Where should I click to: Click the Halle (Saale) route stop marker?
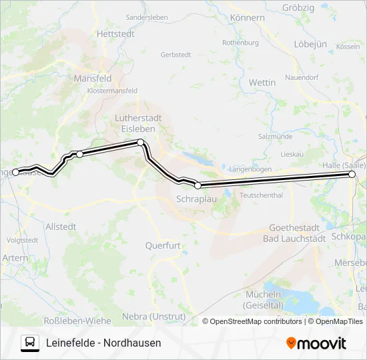tap(352, 174)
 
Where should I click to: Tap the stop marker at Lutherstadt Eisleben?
tap(140, 142)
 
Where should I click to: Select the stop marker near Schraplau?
tap(198, 185)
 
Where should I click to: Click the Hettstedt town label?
tap(115, 33)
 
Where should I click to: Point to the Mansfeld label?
tap(93, 78)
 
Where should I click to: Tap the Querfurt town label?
tap(163, 245)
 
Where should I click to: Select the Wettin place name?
tap(262, 82)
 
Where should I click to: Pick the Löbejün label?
tap(310, 44)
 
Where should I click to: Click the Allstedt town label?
tap(61, 227)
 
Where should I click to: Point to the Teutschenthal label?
tap(261, 195)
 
